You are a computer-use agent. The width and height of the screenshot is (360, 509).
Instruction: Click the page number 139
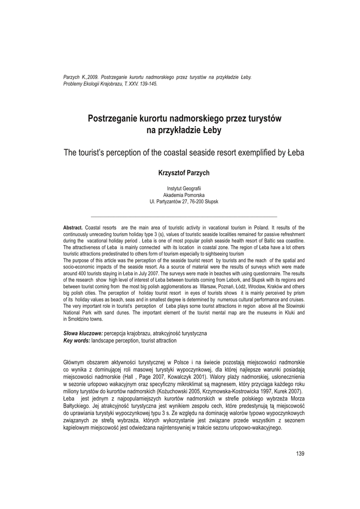click(300, 453)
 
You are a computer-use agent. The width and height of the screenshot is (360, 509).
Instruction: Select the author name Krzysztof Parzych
click(183, 172)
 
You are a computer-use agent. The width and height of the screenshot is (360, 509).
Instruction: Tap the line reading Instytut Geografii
click(183, 188)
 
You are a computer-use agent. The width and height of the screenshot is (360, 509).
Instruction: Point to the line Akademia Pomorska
click(183, 195)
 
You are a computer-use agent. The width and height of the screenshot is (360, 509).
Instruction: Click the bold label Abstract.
click(73, 228)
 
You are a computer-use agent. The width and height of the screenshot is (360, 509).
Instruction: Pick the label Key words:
click(77, 340)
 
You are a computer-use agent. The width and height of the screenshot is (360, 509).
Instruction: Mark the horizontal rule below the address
click(183, 217)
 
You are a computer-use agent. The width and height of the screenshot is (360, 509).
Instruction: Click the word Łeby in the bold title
click(211, 131)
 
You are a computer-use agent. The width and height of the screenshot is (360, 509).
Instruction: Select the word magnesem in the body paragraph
click(207, 384)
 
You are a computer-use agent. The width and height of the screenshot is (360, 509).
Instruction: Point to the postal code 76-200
click(196, 202)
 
